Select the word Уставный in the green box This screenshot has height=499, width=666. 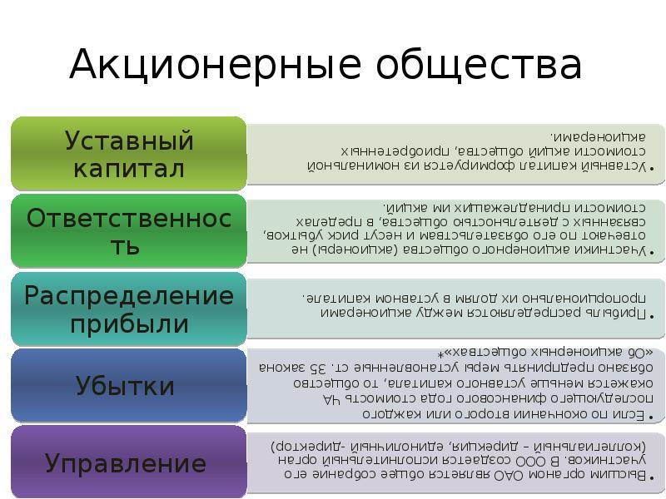point(129,140)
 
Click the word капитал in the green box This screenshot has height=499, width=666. point(129,169)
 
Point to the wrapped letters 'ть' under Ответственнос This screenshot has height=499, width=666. point(129,247)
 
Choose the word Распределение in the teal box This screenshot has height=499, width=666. point(129,295)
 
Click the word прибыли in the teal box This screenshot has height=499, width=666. point(129,324)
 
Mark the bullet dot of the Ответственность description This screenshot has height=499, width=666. point(651,255)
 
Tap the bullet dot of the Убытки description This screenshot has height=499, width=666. point(651,414)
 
